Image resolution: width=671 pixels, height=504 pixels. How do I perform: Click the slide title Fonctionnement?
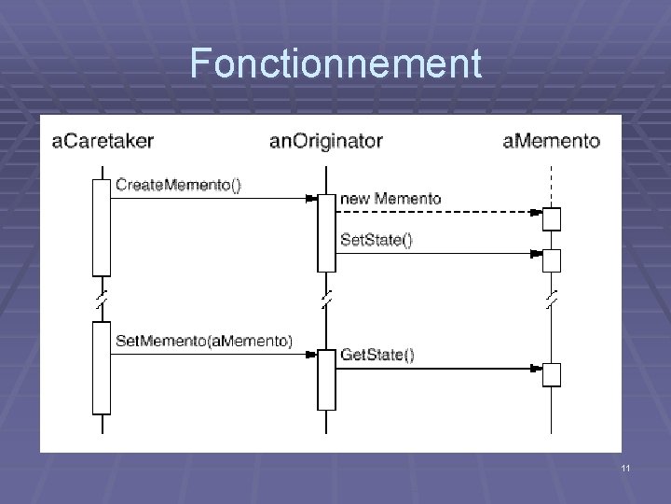335,64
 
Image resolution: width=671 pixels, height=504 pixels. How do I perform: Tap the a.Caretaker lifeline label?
103,142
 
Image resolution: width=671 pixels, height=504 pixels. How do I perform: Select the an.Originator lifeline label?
325,142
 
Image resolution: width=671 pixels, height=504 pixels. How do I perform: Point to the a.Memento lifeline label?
551,142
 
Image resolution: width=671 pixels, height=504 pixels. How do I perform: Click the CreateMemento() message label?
178,185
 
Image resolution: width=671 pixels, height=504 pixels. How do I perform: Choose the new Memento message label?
390,199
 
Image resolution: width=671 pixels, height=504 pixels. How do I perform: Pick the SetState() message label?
377,240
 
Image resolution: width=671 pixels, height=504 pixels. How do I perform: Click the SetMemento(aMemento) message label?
203,340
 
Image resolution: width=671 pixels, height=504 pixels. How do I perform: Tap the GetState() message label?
377,355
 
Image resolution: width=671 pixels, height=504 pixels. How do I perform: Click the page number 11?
625,467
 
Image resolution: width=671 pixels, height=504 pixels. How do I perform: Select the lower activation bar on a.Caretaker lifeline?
102,367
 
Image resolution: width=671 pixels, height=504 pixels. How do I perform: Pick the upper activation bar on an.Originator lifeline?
326,232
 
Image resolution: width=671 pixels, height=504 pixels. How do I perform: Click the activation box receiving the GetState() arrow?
552,374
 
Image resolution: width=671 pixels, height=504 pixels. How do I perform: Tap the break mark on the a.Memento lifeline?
551,299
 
